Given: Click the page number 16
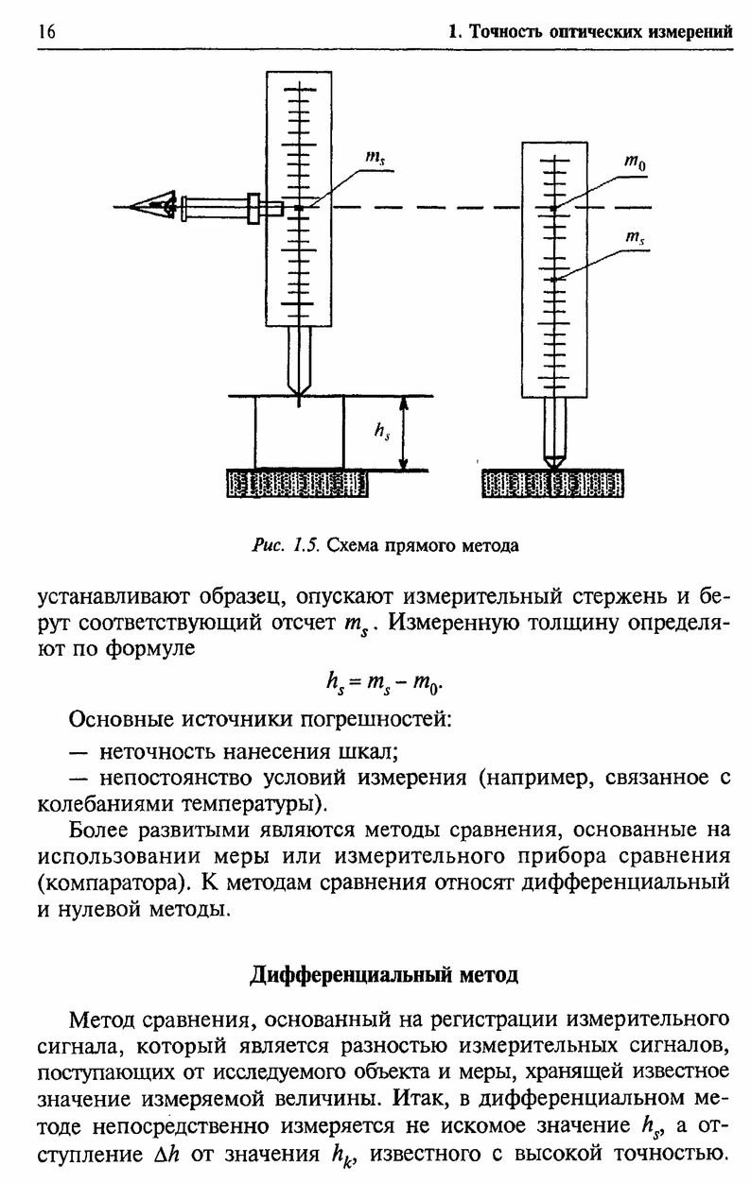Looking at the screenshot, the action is (46, 32).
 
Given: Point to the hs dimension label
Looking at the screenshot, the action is (382, 432).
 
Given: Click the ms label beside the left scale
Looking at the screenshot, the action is (375, 158).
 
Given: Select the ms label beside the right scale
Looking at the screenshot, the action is (635, 238).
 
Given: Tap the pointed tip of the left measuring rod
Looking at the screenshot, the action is (299, 395).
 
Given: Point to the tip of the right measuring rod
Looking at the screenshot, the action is (553, 468).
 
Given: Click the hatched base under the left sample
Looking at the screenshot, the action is (298, 483).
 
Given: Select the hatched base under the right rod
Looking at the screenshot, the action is (552, 483).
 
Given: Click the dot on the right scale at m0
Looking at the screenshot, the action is (553, 208).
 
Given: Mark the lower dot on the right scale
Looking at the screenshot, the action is (553, 280).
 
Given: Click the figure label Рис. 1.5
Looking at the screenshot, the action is (286, 545).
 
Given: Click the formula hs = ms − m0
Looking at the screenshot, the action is (385, 684).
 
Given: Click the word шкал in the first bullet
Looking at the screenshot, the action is (370, 751).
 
